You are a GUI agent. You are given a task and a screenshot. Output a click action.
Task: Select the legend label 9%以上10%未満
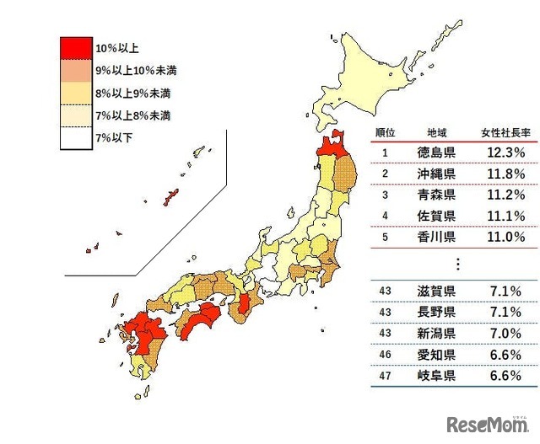pos(135,69)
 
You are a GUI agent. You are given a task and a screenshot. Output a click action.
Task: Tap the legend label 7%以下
pos(114,137)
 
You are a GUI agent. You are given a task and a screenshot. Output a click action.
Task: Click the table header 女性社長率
pos(502,133)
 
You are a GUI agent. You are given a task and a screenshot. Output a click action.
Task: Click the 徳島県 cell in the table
pos(437,152)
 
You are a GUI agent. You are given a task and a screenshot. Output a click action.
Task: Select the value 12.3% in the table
pos(505,152)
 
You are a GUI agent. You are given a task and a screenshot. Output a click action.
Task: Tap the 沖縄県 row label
pos(437,174)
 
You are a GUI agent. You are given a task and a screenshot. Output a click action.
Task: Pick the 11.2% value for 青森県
pos(505,195)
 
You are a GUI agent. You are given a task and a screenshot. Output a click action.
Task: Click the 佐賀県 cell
pos(437,216)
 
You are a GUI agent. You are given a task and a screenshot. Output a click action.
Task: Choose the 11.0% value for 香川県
pos(505,237)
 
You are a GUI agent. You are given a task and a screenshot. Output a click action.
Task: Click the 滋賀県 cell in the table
pos(437,292)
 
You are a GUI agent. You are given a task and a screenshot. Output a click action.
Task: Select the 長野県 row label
pos(437,313)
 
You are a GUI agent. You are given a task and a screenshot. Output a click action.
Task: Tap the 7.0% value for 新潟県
pos(505,334)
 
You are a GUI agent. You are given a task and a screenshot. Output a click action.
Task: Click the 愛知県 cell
pos(437,355)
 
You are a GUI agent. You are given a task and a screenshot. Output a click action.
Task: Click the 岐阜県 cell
pos(437,376)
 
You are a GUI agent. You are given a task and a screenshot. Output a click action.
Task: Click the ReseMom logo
pos(488,423)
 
